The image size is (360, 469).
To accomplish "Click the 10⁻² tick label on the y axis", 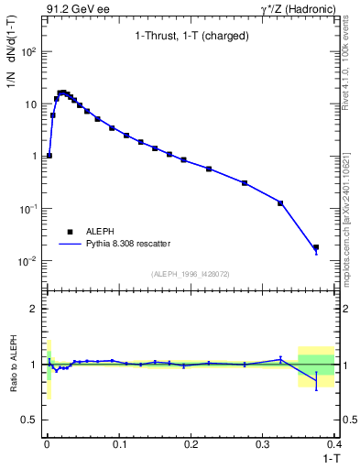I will [x=29, y=261].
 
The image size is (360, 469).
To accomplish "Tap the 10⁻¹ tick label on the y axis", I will [x=29, y=209].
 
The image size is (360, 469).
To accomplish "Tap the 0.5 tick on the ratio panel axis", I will [x=31, y=420].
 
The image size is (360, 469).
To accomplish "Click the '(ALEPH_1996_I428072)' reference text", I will [x=191, y=273].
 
